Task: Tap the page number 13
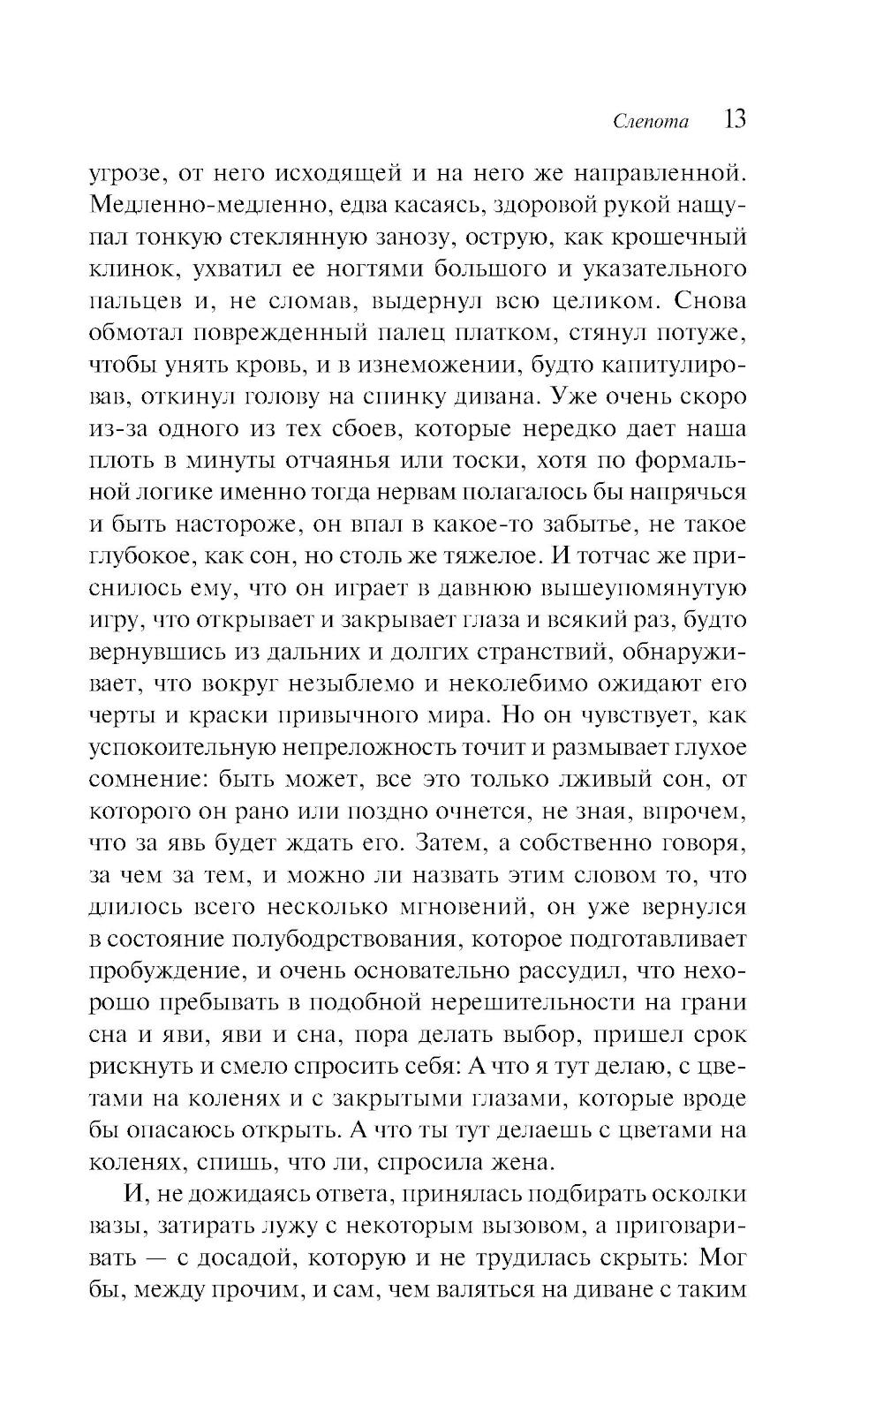[x=735, y=119]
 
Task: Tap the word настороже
[x=253, y=524]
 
